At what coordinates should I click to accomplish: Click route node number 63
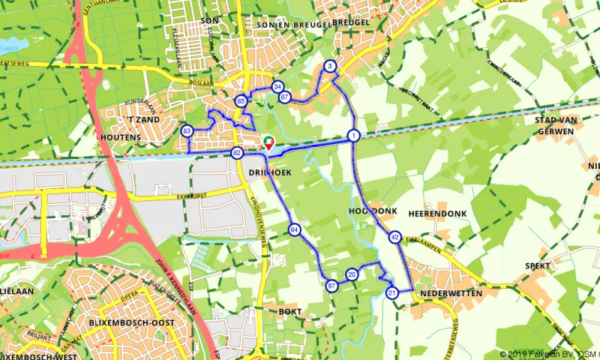click(187, 131)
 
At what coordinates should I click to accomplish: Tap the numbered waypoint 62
click(237, 153)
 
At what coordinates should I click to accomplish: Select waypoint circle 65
click(241, 100)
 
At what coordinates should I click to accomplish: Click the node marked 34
click(277, 86)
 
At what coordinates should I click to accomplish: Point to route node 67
click(284, 97)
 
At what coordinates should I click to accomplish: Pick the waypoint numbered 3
click(330, 67)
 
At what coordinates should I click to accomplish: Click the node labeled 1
click(352, 135)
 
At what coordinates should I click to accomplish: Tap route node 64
click(295, 229)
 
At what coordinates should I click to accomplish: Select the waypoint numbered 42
click(395, 238)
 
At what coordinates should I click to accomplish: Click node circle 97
click(332, 285)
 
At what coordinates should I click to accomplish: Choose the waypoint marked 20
click(352, 275)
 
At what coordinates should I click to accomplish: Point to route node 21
click(391, 292)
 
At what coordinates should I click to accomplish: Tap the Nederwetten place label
click(451, 292)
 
